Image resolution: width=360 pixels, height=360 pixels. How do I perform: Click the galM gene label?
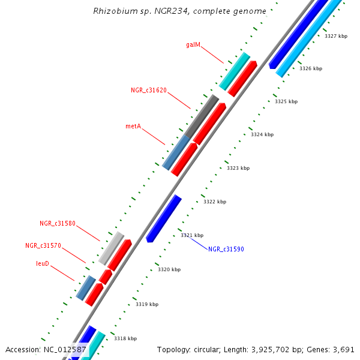click(193, 44)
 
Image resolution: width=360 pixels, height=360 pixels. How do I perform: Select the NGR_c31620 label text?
click(149, 90)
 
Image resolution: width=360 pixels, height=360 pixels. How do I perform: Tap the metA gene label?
click(133, 126)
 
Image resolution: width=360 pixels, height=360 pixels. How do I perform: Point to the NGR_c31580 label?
click(58, 223)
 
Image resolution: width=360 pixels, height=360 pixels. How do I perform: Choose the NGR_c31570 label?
click(43, 245)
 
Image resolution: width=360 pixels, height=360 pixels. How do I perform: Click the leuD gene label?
click(43, 263)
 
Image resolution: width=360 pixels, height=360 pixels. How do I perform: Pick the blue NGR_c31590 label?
click(226, 249)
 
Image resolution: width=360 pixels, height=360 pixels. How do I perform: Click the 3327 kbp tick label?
click(336, 36)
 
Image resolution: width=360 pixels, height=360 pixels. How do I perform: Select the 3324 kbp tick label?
click(262, 134)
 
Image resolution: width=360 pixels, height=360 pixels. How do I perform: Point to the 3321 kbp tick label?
click(192, 235)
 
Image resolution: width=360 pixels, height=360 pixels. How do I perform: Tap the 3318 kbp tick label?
click(125, 338)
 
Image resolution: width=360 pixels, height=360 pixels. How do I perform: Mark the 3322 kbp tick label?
click(215, 202)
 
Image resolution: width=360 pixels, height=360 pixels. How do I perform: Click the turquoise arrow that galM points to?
click(235, 71)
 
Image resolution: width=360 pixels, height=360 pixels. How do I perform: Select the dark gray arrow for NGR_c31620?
click(202, 116)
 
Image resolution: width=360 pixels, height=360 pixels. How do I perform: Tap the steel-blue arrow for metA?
click(176, 152)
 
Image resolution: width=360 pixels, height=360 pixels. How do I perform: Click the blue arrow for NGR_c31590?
click(164, 218)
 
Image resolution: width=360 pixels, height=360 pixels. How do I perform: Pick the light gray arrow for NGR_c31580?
click(112, 248)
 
